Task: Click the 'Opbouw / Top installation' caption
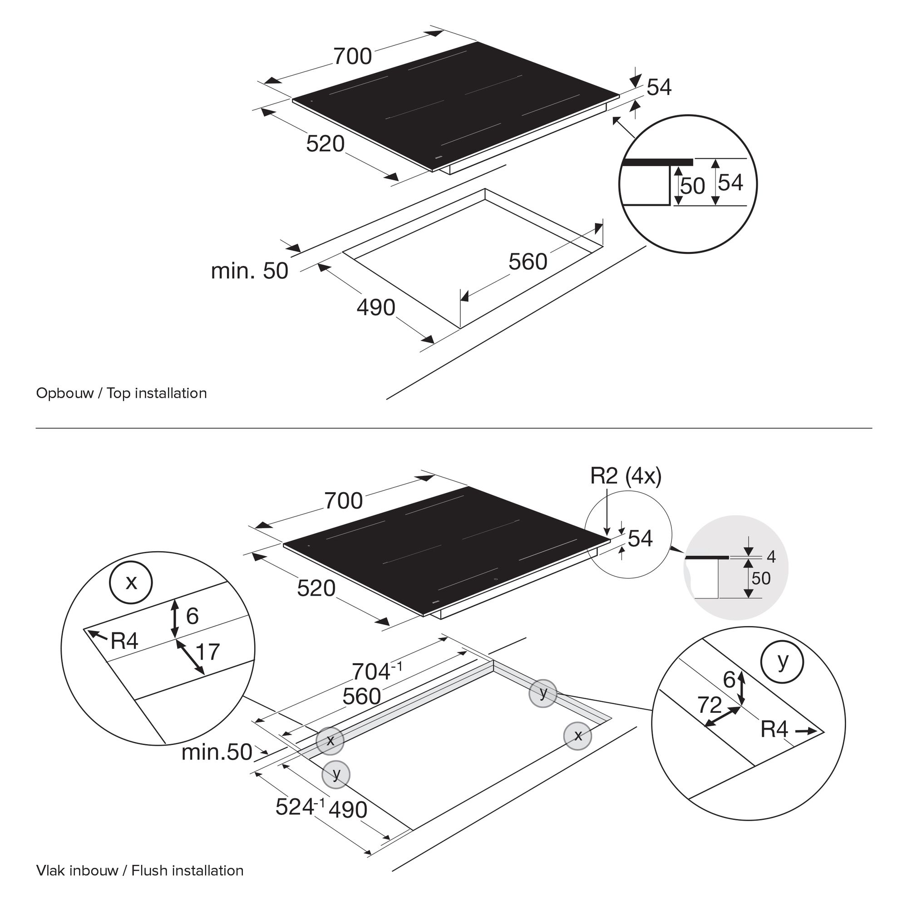tap(121, 393)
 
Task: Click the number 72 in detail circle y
tap(709, 705)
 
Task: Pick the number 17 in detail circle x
tap(207, 652)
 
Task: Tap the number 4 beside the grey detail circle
tap(771, 557)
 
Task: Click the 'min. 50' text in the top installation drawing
tap(249, 271)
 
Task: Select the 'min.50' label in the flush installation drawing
tap(217, 752)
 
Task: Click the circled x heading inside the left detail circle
tap(131, 583)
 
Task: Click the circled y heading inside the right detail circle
tap(783, 662)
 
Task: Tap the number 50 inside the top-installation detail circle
tap(692, 186)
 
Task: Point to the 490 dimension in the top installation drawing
tap(376, 307)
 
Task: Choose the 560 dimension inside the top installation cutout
tap(528, 262)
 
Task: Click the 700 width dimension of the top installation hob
tap(352, 56)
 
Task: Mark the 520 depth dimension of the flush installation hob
tap(316, 588)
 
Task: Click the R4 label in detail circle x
tap(124, 640)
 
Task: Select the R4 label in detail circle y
tap(774, 730)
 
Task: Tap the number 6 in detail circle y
tap(729, 680)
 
